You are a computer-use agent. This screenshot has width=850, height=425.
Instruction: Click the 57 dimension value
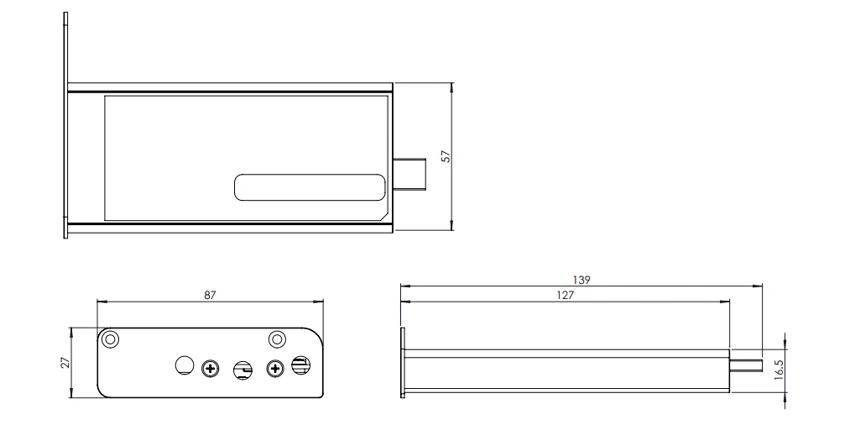(x=446, y=156)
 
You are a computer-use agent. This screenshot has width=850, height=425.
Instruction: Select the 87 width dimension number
(x=210, y=295)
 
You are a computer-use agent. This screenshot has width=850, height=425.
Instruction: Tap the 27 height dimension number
(x=65, y=362)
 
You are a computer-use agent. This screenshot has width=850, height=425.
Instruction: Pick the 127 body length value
(x=565, y=295)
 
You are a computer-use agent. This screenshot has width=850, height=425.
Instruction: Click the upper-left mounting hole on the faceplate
(x=109, y=339)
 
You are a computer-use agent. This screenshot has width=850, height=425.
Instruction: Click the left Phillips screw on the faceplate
(x=211, y=367)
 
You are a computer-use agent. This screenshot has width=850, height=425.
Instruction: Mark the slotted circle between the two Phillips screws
(x=242, y=370)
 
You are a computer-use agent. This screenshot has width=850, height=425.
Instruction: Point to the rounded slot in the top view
(x=309, y=189)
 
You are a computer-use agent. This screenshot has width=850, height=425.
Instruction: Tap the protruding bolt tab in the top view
(x=411, y=175)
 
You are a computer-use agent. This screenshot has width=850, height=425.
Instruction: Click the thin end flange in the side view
(x=404, y=362)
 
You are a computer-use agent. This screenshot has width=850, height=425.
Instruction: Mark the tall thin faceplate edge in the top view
(x=65, y=126)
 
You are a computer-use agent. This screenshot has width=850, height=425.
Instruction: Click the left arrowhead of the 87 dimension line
(x=100, y=301)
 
